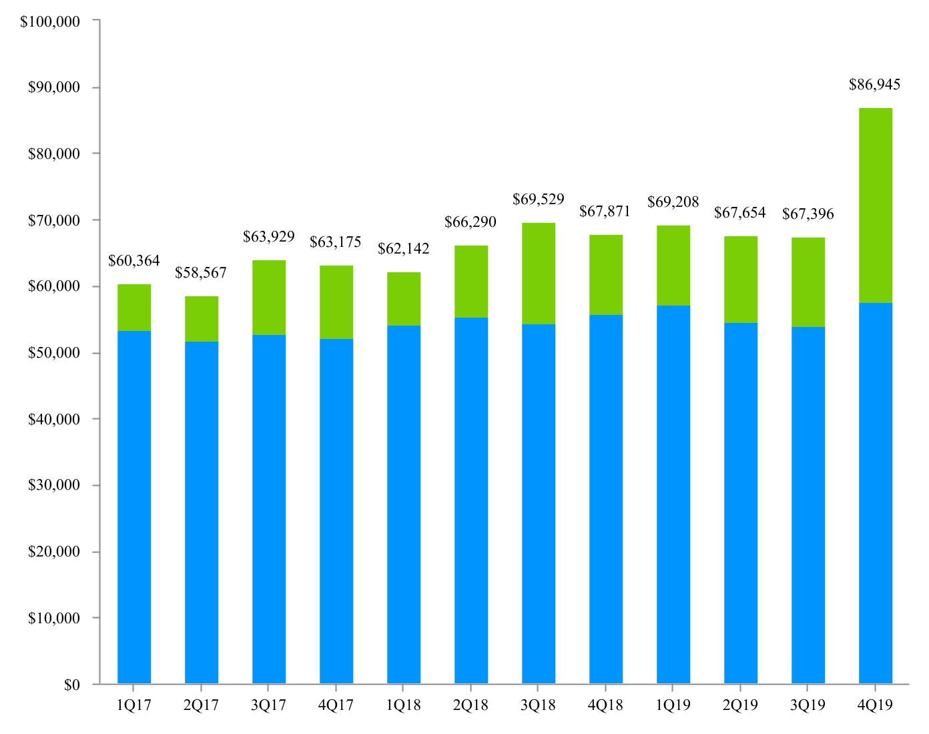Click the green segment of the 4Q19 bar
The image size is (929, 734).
pos(876,206)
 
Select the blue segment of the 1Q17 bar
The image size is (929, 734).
pos(134,507)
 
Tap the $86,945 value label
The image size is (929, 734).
pos(874,85)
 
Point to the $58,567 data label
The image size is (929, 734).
pos(201,273)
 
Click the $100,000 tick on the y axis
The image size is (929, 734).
pos(50,21)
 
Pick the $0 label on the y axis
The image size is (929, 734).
pos(72,685)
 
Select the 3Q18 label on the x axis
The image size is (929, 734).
pos(538,705)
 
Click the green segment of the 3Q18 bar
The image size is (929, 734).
pos(539,274)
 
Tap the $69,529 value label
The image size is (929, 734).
pos(539,199)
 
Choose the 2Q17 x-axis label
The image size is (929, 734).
pos(201,705)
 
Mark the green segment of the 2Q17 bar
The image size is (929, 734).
pos(202,319)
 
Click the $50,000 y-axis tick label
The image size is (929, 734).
pos(54,353)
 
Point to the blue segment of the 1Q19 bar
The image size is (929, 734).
pos(673,494)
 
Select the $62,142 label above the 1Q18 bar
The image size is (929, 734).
pos(404,249)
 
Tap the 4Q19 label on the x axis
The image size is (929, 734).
pos(875,705)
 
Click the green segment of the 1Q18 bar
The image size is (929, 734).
pos(404,299)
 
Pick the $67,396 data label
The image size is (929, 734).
pos(808,214)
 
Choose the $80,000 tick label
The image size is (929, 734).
pos(54,154)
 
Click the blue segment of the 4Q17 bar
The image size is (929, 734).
pos(336,511)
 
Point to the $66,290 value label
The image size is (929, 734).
pos(471,222)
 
